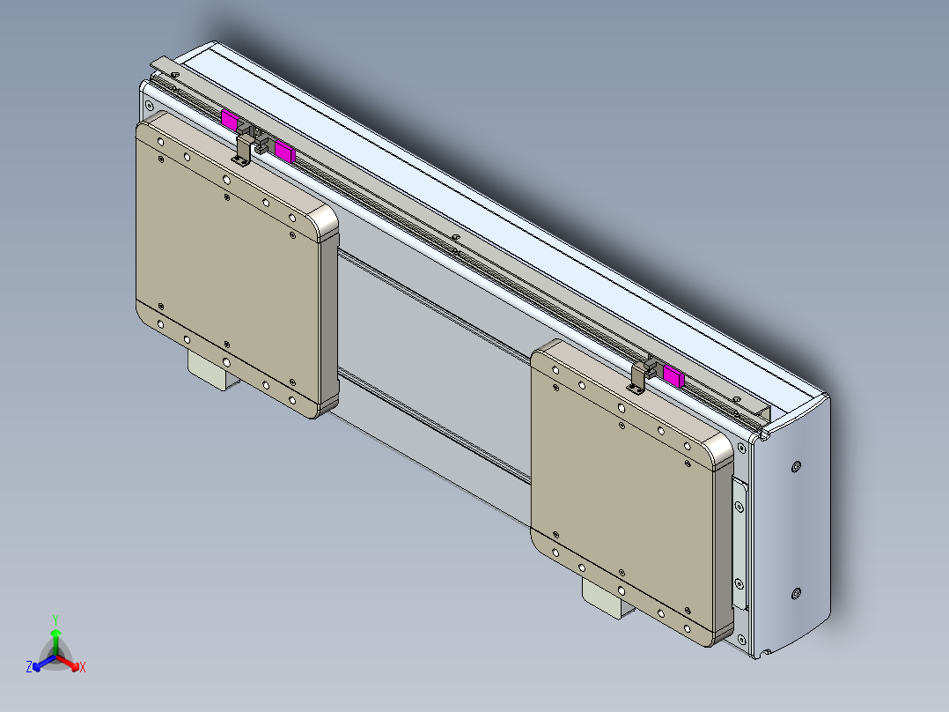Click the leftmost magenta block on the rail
click(229, 120)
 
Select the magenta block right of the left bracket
click(283, 151)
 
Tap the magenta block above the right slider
click(673, 375)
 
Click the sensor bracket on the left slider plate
click(241, 151)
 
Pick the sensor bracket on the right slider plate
click(637, 375)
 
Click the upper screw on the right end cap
click(797, 465)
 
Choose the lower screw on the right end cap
click(797, 594)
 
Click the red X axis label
click(83, 668)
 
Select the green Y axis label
click(55, 619)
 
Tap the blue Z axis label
click(29, 668)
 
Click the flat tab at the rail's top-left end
click(165, 65)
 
